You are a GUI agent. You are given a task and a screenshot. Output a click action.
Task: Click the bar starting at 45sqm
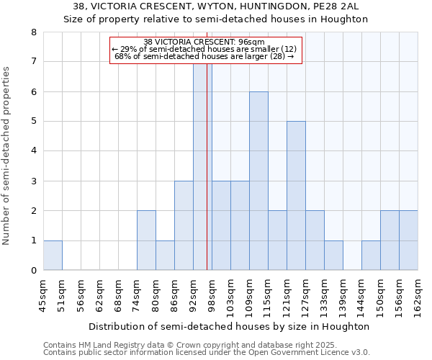click(x=53, y=256)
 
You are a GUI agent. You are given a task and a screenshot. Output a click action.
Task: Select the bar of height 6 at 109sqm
click(x=258, y=181)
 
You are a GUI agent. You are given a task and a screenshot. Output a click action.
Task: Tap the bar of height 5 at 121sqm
click(x=296, y=196)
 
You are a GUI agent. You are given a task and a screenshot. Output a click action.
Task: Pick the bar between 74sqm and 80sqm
click(x=146, y=240)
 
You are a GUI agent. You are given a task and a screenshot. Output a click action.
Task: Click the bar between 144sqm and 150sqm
click(x=371, y=256)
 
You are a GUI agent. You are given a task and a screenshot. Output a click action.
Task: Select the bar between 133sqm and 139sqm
click(x=333, y=256)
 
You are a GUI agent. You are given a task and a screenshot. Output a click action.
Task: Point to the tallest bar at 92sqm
click(x=202, y=167)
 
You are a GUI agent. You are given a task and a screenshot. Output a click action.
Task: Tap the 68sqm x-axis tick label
click(x=119, y=296)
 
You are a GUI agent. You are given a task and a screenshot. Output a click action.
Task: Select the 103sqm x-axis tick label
click(x=231, y=296)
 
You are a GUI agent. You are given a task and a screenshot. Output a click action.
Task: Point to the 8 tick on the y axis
click(x=34, y=32)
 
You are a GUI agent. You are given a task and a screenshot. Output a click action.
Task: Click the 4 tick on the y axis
click(x=34, y=151)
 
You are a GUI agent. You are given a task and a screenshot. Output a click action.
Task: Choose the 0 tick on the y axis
click(x=34, y=271)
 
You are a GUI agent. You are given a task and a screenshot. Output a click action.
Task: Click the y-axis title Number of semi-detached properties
click(x=7, y=155)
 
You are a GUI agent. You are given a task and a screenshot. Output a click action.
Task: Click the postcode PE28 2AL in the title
click(x=343, y=6)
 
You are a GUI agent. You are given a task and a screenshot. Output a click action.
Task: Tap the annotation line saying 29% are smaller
click(x=204, y=49)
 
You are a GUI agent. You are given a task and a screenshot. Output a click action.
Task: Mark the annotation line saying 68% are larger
click(x=204, y=56)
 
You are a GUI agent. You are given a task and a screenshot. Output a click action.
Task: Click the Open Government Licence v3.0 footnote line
click(x=207, y=353)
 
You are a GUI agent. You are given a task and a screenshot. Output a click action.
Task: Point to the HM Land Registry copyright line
click(x=190, y=346)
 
